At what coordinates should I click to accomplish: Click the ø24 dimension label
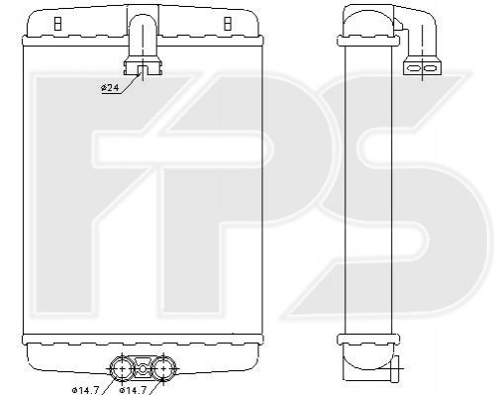pyautogui.click(x=110, y=88)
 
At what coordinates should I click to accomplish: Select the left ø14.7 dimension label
pyautogui.click(x=85, y=390)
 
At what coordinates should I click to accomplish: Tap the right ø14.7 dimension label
pyautogui.click(x=133, y=390)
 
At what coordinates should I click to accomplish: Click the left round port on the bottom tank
pyautogui.click(x=122, y=368)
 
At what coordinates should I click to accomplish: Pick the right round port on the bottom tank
pyautogui.click(x=162, y=368)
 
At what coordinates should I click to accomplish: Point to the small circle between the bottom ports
pyautogui.click(x=143, y=369)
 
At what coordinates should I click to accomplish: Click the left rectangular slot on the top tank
pyautogui.click(x=57, y=24)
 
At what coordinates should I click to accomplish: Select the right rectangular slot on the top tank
pyautogui.click(x=228, y=24)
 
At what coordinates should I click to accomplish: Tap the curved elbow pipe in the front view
pyautogui.click(x=143, y=36)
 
